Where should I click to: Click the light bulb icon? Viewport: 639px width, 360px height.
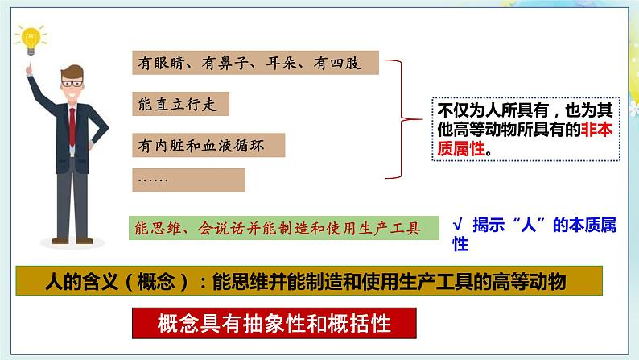pos(31,39)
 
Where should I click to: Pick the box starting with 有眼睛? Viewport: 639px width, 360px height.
pos(254,61)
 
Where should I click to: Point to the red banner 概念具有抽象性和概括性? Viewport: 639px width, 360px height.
pos(274,324)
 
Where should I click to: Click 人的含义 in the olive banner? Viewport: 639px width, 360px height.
pos(78,281)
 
